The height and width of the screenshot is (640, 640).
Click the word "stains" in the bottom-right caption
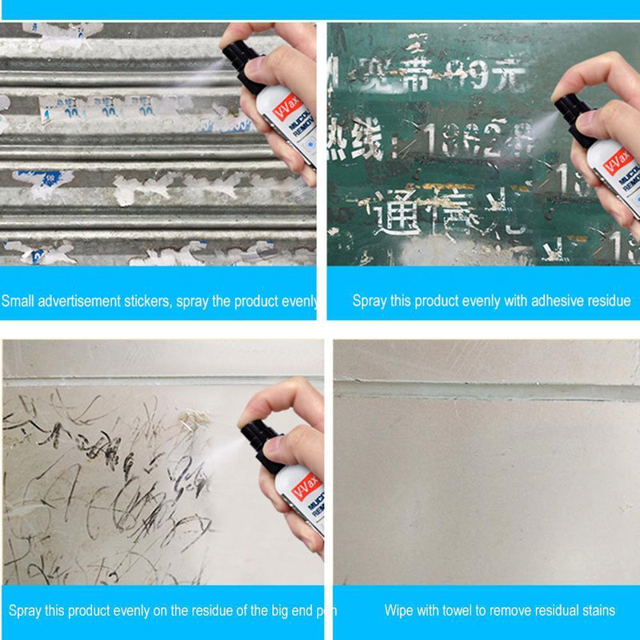point(598,610)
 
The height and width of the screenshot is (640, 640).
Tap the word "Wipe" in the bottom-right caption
point(398,610)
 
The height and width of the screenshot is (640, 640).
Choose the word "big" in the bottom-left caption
point(253,610)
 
